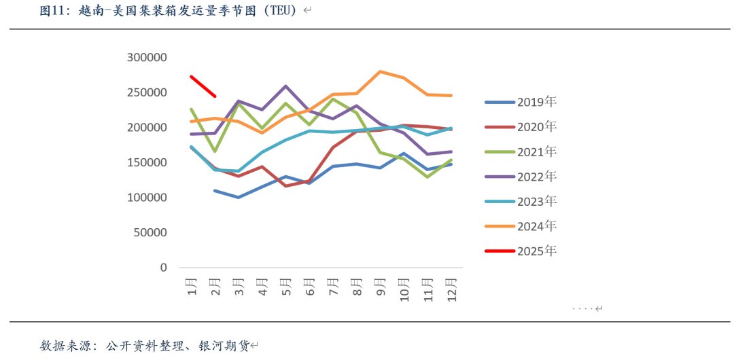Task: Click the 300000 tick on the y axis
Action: (147, 58)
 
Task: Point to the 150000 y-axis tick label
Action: (147, 162)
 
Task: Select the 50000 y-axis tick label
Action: (150, 232)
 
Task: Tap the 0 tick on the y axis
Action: (163, 268)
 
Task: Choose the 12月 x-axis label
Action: (451, 289)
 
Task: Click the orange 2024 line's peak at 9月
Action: (380, 71)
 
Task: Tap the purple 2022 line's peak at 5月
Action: (286, 86)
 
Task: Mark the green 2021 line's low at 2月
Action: (215, 151)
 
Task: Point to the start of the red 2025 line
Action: (192, 77)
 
